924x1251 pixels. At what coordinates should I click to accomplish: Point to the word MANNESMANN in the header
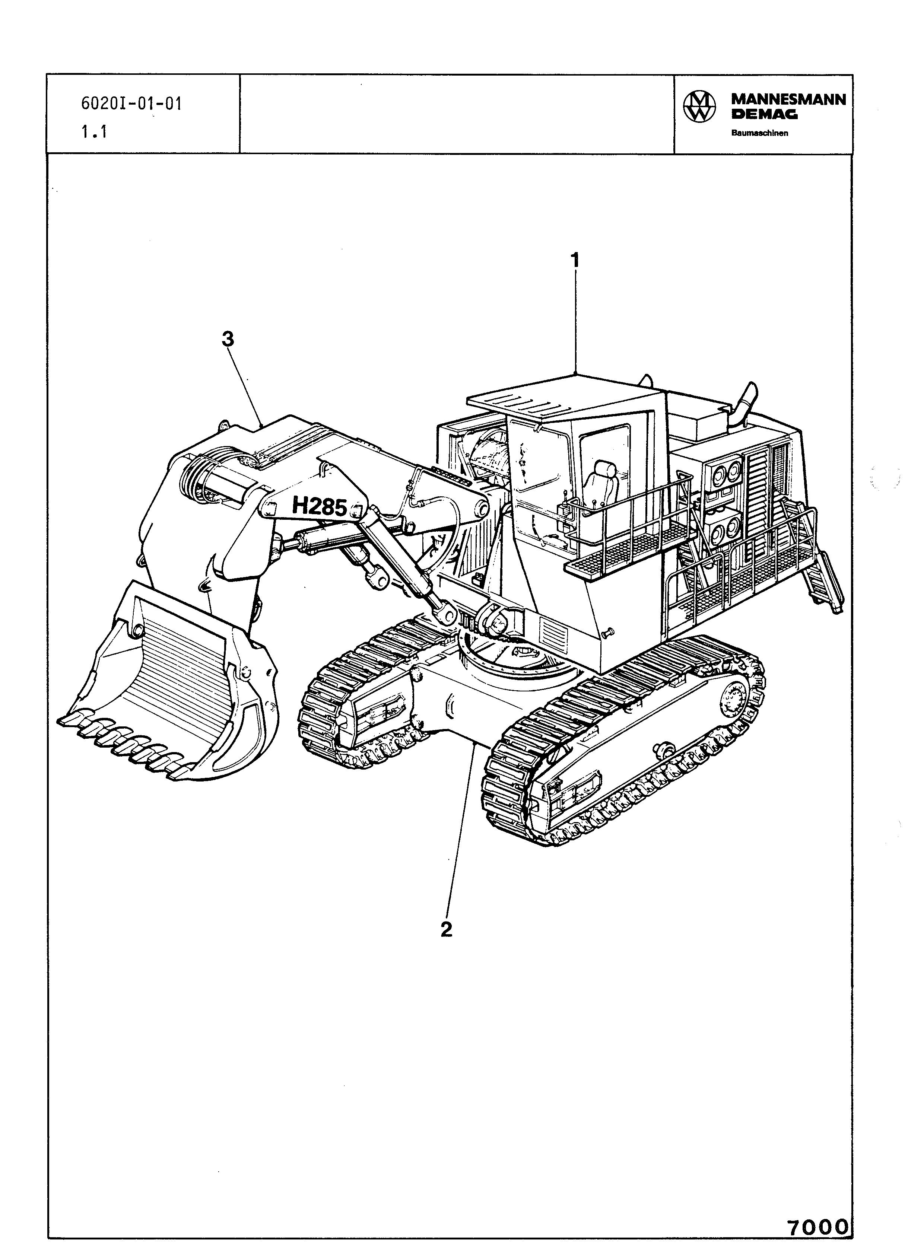789,99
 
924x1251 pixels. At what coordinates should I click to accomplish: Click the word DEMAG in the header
765,115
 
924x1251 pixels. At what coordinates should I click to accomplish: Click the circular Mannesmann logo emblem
699,106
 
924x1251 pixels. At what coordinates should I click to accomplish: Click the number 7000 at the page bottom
818,1228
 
